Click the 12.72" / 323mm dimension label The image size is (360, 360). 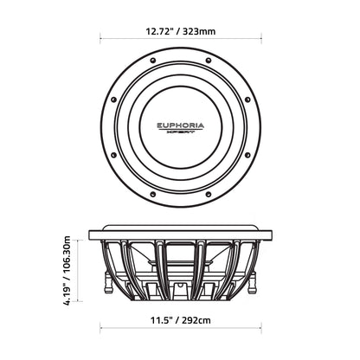click(180, 31)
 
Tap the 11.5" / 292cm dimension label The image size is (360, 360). click(181, 320)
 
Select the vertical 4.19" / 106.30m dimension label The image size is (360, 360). click(67, 270)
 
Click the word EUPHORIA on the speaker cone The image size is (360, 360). click(181, 125)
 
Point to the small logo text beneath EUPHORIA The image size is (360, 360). click(181, 132)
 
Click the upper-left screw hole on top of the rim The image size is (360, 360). click(153, 61)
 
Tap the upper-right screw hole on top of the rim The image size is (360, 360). click(209, 61)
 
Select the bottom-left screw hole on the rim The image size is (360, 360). click(153, 194)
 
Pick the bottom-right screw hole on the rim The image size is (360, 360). click(209, 194)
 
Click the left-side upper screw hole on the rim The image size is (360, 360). click(113, 100)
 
